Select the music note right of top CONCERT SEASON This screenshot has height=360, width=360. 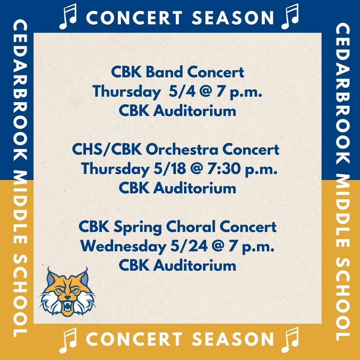coord(290,17)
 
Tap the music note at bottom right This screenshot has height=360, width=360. coord(290,340)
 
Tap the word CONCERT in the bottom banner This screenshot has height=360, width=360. coord(134,340)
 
